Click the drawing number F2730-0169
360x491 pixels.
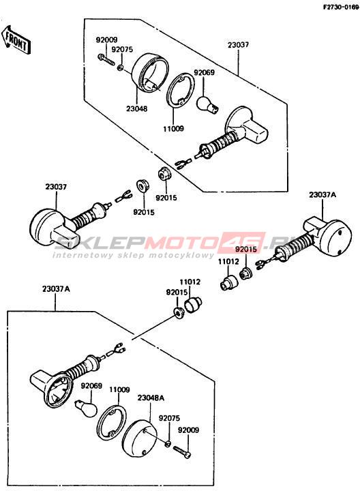(x=341, y=8)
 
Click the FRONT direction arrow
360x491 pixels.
(x=16, y=40)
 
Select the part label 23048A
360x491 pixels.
(x=151, y=398)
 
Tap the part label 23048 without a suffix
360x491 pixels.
(x=137, y=108)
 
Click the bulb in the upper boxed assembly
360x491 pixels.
(x=208, y=104)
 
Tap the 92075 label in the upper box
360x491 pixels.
(x=122, y=50)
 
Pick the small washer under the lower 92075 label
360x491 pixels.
(x=168, y=443)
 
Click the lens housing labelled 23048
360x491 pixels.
(x=150, y=73)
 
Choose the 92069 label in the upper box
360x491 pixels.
(x=204, y=73)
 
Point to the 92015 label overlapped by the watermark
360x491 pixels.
(x=245, y=250)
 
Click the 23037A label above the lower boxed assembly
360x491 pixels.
(x=56, y=288)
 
